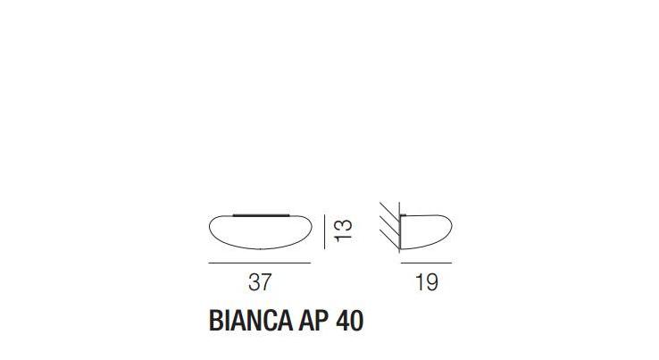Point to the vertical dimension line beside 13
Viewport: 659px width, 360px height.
point(323,231)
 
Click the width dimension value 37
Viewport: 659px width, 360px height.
point(259,283)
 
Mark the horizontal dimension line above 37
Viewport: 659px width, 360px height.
point(259,264)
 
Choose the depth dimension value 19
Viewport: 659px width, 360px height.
point(427,283)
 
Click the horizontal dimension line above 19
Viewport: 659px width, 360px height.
point(427,264)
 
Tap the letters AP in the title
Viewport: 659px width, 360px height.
point(309,322)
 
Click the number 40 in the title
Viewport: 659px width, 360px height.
point(349,322)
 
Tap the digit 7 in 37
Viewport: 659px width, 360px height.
point(265,283)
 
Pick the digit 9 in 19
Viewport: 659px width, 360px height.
point(432,283)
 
